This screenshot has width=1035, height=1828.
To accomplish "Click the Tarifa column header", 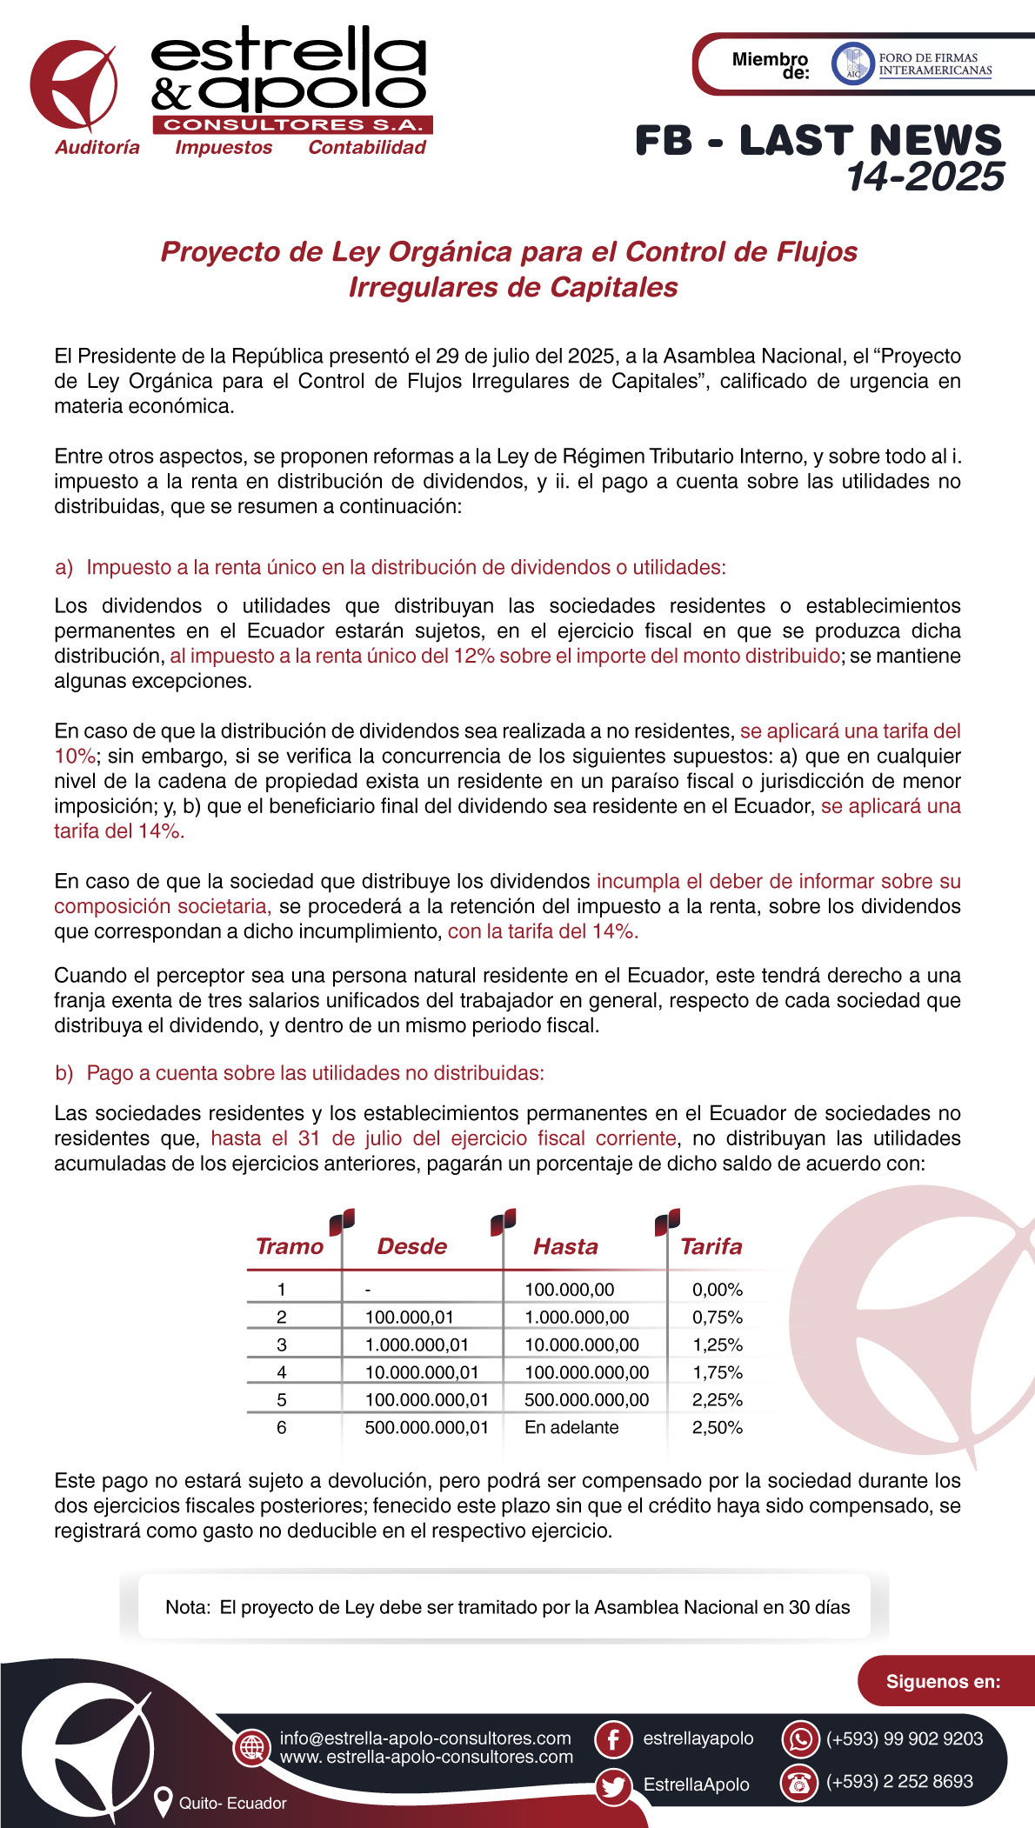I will tap(711, 1246).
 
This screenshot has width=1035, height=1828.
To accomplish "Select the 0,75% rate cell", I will tap(717, 1318).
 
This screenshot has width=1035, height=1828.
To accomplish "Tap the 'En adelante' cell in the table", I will tap(571, 1427).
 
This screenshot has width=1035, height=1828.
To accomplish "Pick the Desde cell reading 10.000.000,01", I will tap(422, 1372).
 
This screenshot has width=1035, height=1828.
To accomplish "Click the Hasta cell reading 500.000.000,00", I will tap(586, 1400).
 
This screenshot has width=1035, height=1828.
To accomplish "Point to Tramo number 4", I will tap(281, 1372).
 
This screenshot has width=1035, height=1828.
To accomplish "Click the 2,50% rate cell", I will tap(717, 1427).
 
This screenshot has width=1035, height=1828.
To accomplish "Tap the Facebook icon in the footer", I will tap(613, 1739).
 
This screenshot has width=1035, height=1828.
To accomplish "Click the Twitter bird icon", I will tap(613, 1786).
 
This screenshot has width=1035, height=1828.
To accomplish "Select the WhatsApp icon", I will tap(800, 1739).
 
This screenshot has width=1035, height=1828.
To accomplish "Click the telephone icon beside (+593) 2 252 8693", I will tap(798, 1782).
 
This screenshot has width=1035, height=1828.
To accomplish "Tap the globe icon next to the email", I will tap(252, 1746).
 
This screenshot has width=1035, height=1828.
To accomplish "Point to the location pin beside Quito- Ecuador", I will tap(162, 1802).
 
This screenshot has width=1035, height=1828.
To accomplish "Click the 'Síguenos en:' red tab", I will tap(943, 1681).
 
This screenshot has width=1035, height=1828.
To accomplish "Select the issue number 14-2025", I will tap(925, 177).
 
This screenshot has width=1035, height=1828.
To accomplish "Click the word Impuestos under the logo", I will tap(224, 148).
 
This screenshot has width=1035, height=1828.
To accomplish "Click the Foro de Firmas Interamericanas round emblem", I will tap(851, 64).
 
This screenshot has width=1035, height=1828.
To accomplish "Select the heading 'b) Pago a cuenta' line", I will tap(299, 1073).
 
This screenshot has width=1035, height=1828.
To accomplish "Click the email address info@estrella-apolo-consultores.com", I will tap(425, 1738).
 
